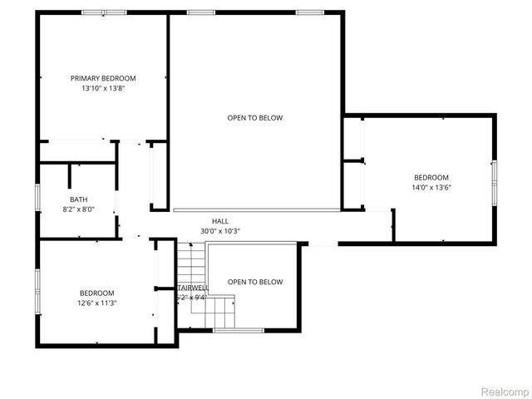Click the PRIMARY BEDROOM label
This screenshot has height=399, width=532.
coord(103,78)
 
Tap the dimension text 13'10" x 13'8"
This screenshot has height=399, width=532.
coord(103,88)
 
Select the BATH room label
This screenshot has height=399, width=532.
coord(78,199)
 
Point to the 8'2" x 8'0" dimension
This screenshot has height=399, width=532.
coord(78,209)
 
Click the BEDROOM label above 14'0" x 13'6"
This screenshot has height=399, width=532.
coord(431,177)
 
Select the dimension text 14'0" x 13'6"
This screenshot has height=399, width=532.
coord(431,187)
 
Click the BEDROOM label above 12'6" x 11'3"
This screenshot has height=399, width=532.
coord(97,293)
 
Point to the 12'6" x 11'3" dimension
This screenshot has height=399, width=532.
coord(97,303)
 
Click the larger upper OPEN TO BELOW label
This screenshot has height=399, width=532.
coord(255,118)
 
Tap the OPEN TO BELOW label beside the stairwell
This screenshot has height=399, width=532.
coord(255,282)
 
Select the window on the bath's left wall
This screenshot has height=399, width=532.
coord(37,199)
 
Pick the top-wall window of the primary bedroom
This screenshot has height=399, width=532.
coord(104,12)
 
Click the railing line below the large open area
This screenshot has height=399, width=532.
coord(256,209)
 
